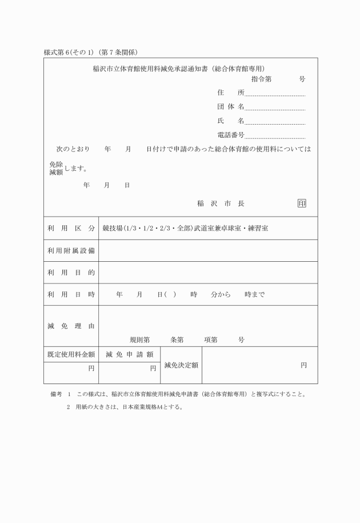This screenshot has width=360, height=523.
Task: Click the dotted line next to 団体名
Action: click(x=275, y=107)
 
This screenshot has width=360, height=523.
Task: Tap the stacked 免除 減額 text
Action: click(x=56, y=167)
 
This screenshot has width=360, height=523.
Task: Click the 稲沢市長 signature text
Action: click(x=221, y=203)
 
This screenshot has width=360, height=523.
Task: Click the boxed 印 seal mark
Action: click(x=302, y=203)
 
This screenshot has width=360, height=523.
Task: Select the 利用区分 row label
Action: click(x=71, y=229)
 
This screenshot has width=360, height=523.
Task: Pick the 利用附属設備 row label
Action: click(x=71, y=250)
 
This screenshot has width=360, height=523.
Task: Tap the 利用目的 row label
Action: click(x=71, y=273)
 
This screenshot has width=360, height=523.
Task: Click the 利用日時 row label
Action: click(x=71, y=295)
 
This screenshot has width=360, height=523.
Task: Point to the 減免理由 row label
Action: click(x=71, y=326)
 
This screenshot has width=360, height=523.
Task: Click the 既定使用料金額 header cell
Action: click(x=71, y=354)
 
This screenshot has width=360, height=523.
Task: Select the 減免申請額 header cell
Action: click(x=130, y=354)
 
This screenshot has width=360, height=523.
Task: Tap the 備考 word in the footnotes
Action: click(x=56, y=394)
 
